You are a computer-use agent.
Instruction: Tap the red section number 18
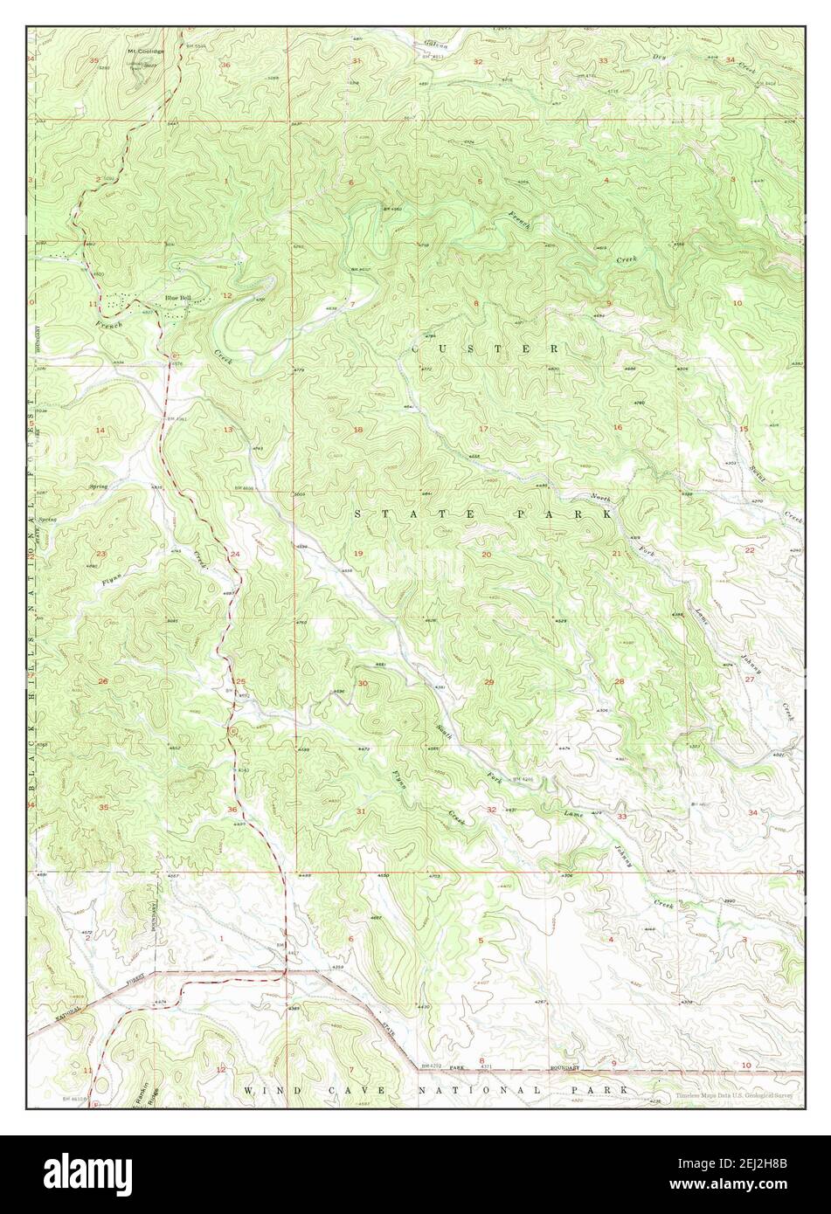tap(357, 430)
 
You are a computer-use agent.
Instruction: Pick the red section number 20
tap(486, 555)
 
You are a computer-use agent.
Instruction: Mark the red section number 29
tap(489, 682)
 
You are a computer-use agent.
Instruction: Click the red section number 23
tap(101, 555)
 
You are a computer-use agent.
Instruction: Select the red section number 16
tap(617, 427)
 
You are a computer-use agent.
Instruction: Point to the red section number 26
tap(102, 681)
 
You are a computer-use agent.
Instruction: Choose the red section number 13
tap(228, 430)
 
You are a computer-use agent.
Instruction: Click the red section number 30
tap(361, 683)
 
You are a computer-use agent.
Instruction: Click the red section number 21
tap(616, 555)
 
